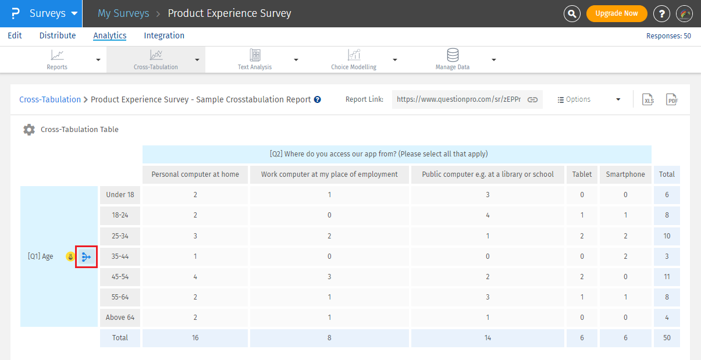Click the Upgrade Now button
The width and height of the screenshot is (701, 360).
click(616, 13)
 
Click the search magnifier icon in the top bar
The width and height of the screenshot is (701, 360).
click(572, 13)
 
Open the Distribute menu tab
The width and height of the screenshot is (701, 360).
click(58, 35)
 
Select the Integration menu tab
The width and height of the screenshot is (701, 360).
click(164, 35)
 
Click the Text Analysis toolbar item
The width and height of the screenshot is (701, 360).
click(255, 59)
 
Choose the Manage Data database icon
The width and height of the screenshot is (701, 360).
click(452, 55)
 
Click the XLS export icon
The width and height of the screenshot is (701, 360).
click(648, 100)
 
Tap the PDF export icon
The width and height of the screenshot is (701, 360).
click(672, 100)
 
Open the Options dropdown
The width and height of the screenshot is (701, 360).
click(588, 99)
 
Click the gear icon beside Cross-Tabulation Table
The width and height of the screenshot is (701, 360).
click(29, 130)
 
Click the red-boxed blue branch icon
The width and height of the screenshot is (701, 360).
click(86, 256)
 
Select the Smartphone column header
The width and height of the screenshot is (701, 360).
click(625, 174)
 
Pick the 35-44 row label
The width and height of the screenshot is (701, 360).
click(120, 256)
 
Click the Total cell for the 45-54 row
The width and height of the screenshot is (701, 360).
click(667, 277)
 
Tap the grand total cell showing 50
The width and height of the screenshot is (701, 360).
click(667, 338)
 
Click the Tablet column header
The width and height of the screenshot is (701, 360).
click(582, 174)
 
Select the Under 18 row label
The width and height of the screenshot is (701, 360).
click(120, 195)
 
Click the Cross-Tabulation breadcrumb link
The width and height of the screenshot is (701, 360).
click(50, 99)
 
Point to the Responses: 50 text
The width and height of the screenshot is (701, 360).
click(668, 36)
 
